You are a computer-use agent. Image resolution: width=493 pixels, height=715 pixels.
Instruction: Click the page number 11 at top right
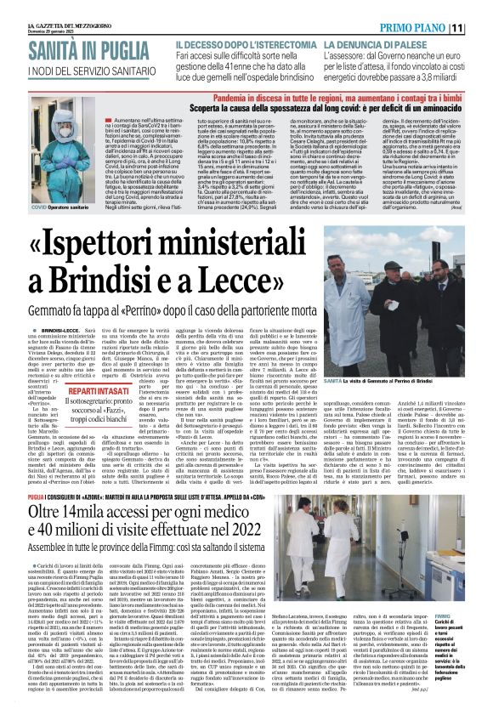[481, 27]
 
